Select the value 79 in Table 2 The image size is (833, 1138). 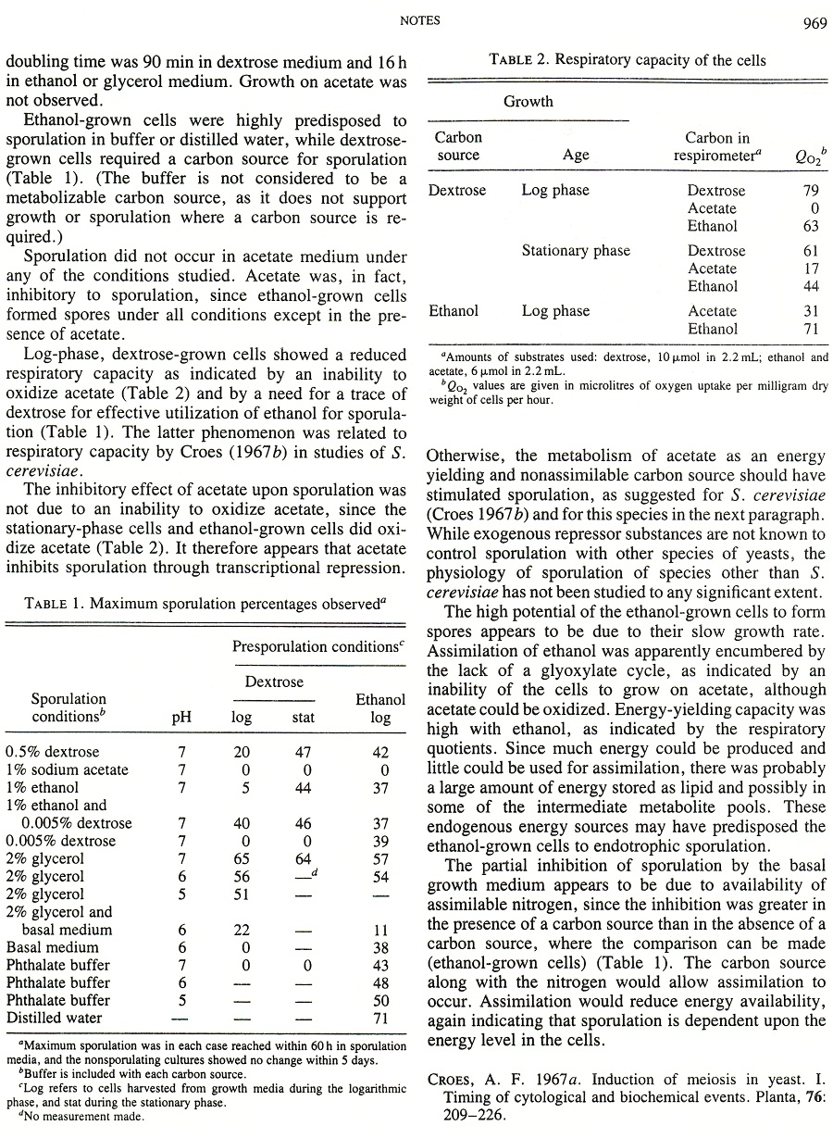click(x=811, y=191)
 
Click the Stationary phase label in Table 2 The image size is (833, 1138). click(x=576, y=251)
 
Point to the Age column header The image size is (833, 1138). click(x=575, y=156)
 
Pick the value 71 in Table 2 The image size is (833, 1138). click(x=811, y=329)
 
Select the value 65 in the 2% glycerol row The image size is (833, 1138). click(x=242, y=859)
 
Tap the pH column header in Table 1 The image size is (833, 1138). click(x=182, y=717)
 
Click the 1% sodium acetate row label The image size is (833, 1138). click(x=68, y=770)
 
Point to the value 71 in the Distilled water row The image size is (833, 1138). click(x=379, y=1019)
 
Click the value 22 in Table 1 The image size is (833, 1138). click(x=242, y=930)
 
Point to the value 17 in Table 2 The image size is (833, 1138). click(x=811, y=269)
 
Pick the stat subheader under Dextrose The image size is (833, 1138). click(x=303, y=717)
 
